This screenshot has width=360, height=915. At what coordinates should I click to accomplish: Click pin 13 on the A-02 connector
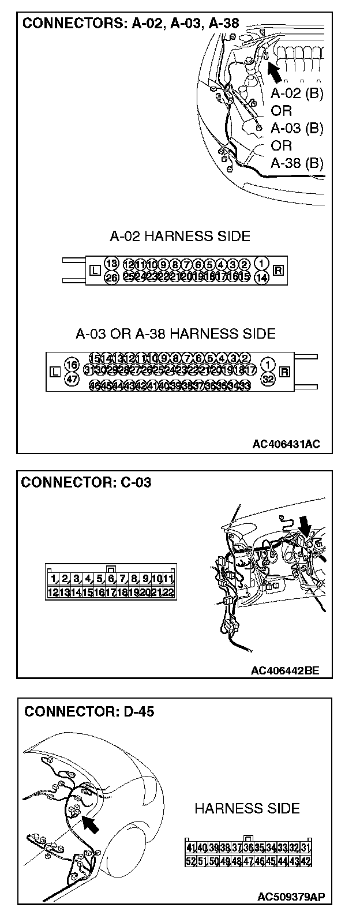pos(112,264)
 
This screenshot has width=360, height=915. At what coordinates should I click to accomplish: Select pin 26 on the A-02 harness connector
pos(112,277)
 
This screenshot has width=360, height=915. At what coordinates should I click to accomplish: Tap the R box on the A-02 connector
pos(277,270)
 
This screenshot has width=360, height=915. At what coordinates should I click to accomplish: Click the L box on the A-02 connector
pos(95,270)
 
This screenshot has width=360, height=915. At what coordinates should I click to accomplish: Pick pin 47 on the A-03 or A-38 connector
pos(72,378)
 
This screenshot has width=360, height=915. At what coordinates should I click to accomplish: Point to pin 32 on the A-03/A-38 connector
pos(267,378)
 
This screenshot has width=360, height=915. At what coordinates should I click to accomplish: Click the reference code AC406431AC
pos(286,444)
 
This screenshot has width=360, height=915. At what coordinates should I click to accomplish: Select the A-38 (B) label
pos(297,163)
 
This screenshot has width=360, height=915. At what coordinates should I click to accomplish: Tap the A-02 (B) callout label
pos(297,93)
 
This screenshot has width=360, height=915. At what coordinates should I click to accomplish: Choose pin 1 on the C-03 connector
pos(52,579)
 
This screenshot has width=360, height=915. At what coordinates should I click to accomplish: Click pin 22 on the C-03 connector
pos(168,592)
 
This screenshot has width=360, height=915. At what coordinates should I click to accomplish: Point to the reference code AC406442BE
pos(285,671)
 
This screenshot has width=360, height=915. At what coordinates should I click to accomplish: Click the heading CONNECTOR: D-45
pos(89,711)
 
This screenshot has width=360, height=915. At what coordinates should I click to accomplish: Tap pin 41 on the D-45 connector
pos(190,847)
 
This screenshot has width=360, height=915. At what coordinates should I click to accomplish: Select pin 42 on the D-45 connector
pos(307,861)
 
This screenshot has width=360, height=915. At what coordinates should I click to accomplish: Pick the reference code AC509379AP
pos(291,897)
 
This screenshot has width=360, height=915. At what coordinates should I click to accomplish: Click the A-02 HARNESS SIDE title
pos(180,236)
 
